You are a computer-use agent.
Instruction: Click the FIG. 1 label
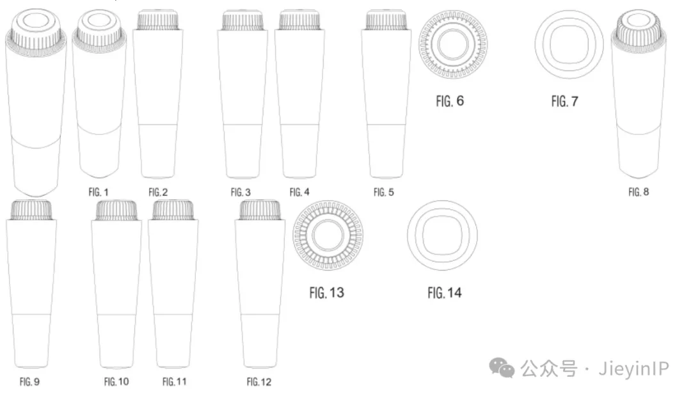click(x=99, y=192)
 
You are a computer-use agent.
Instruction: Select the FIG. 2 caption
click(x=158, y=192)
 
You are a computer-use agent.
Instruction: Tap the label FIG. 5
click(x=384, y=192)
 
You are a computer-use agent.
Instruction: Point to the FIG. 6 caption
click(x=450, y=101)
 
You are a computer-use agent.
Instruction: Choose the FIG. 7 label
click(x=564, y=101)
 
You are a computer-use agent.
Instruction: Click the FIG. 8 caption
click(x=639, y=192)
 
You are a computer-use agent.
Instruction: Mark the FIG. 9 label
click(x=29, y=381)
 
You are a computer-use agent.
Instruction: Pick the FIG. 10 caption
click(x=116, y=381)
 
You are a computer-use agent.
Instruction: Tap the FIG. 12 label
click(x=259, y=381)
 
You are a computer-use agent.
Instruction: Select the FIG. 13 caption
click(x=326, y=293)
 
